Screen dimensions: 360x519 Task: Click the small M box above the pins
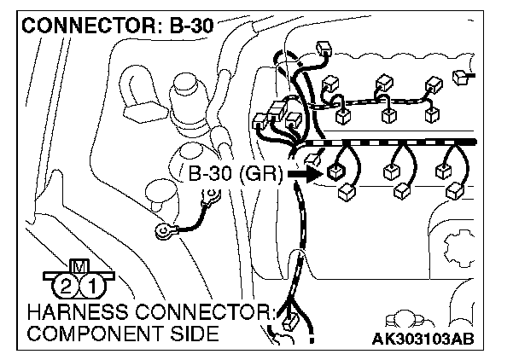coord(79,265)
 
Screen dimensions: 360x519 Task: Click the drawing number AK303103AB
coord(423,337)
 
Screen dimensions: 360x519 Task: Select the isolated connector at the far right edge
coord(462,78)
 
